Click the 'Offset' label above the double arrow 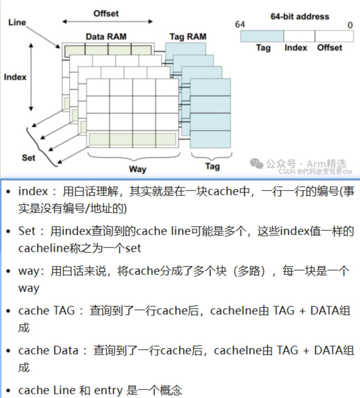click(x=106, y=13)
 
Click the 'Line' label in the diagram click(x=17, y=22)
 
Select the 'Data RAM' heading click(x=106, y=36)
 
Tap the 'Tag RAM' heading click(x=187, y=37)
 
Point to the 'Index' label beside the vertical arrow click(x=15, y=77)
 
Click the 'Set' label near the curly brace click(x=29, y=157)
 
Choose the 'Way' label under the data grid click(x=138, y=169)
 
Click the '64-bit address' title click(x=300, y=17)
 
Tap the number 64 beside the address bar click(x=240, y=25)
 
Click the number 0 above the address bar click(x=350, y=25)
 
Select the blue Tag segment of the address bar click(x=262, y=36)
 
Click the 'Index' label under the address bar click(x=296, y=48)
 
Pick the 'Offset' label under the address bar click(x=330, y=48)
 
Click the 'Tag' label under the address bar click(x=263, y=48)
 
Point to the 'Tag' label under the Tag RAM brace click(x=212, y=166)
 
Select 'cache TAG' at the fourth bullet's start click(x=46, y=311)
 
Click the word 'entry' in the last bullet click(x=109, y=390)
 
